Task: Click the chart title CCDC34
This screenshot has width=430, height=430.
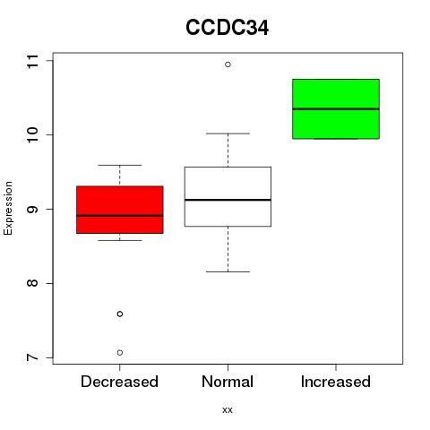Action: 227,28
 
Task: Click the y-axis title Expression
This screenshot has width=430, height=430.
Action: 8,208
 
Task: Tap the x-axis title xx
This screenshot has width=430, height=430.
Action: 228,409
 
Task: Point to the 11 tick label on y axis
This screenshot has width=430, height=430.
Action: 32,61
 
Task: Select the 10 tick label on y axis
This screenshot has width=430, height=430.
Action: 32,135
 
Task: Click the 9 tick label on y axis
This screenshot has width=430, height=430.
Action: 32,209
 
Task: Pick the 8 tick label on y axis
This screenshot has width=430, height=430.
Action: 32,283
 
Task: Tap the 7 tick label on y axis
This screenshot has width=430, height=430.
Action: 32,357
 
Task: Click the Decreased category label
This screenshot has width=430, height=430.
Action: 119,382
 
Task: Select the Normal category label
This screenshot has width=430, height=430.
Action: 228,382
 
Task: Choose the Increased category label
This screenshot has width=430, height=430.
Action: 336,382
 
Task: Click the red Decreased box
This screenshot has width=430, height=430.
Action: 120,210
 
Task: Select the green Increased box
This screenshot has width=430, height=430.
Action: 336,109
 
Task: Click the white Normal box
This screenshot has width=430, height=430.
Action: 228,197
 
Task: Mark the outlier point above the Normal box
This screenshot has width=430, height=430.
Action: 228,64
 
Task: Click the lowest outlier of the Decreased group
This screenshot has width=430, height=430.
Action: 120,353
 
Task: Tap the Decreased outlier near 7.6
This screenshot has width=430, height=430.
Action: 120,314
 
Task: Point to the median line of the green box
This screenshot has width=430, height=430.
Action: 336,109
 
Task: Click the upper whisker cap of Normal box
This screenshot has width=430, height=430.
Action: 228,133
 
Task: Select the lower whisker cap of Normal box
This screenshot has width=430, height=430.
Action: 228,271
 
